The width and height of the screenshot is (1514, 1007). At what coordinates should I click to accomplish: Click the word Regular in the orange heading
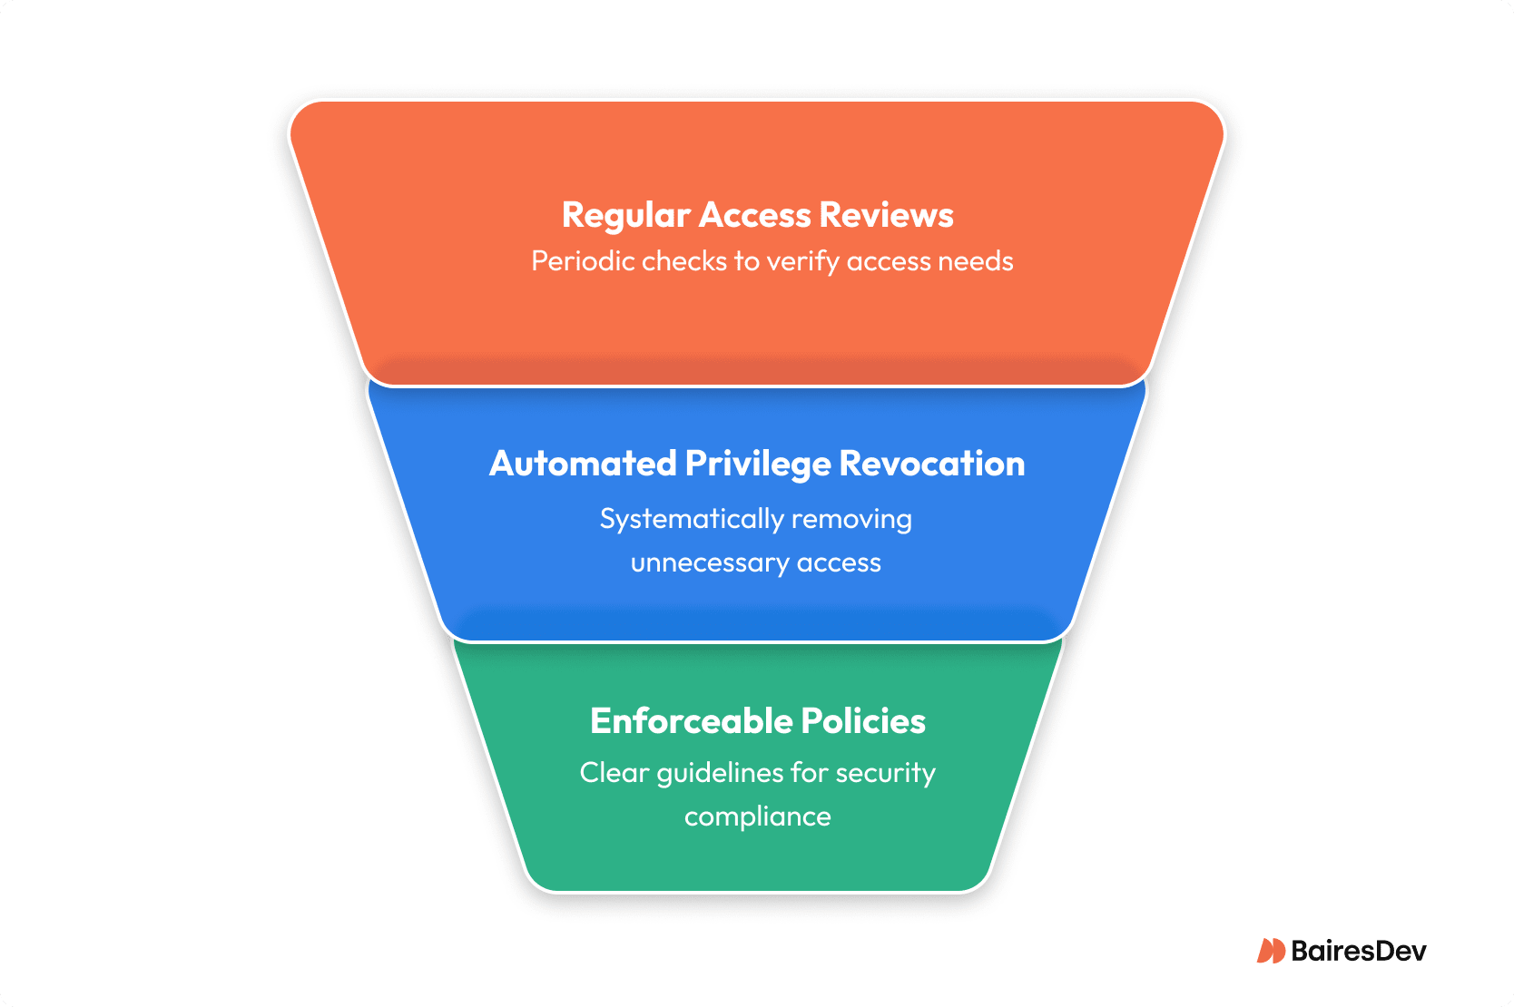626,216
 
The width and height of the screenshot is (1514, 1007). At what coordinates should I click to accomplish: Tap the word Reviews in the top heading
886,216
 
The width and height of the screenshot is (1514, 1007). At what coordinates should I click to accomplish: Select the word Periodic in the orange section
583,261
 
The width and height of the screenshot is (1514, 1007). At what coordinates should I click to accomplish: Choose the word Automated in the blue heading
583,464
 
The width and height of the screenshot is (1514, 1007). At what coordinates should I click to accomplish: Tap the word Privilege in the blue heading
757,464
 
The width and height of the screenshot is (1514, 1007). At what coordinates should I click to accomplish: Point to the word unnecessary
710,563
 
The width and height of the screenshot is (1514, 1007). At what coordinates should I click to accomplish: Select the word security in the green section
885,773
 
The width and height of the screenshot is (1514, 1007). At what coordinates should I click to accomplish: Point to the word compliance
757,816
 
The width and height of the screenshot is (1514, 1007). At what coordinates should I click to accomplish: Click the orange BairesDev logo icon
1270,951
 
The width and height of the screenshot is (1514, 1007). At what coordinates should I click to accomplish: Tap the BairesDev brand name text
1358,951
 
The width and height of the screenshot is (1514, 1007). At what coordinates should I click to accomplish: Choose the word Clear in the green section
614,773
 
